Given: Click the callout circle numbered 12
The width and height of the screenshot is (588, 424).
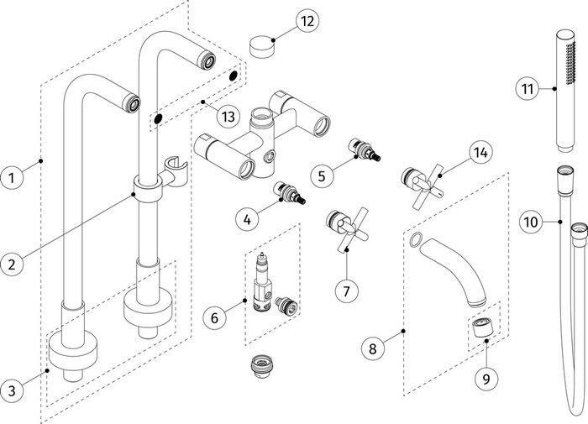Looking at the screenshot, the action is pos(307,21).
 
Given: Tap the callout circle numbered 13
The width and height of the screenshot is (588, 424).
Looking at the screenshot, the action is pos(228,116).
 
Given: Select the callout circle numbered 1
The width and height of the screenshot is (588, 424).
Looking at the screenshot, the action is pos(12,177).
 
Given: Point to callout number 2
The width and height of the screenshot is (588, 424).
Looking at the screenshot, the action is pos(12,264).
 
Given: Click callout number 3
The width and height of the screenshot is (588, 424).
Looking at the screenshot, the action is pos(12,390).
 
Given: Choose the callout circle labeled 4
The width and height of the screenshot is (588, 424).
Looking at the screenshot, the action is pos(247,219).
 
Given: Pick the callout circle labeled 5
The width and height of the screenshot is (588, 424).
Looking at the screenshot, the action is pos(322,175).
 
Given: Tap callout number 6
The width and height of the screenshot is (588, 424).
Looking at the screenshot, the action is pos(214,318).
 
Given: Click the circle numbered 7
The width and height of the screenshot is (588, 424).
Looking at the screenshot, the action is pos(346,291).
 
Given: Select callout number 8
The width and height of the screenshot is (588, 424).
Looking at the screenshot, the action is pos(373,348).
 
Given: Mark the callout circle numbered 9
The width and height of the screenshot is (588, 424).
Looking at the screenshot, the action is pos(486,379).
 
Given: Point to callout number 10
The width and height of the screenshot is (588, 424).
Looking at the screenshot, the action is pos(531,222).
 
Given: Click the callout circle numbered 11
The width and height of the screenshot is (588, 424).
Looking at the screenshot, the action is pos(528,89).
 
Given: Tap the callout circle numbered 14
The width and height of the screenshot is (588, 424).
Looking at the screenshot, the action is pos(480,152).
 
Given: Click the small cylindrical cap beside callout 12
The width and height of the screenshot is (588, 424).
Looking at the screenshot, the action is pos(263,46).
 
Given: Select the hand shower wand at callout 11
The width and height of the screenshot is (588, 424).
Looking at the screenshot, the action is pos(564,92).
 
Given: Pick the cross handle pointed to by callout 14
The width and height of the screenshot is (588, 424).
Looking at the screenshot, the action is pos(423,186).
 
